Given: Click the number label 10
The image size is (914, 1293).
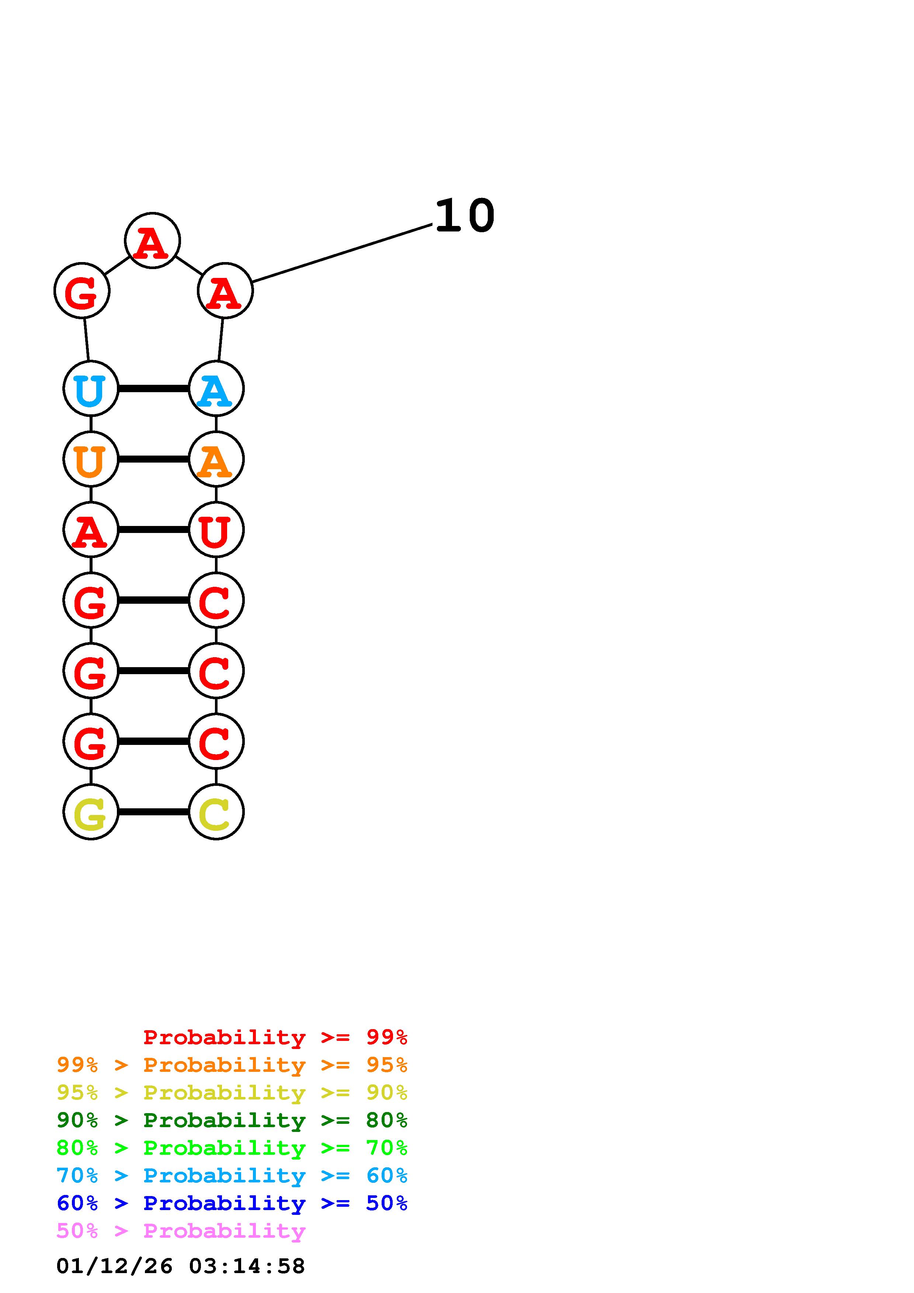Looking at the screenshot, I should pos(464,216).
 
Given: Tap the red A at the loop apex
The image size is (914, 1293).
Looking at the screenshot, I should pos(152,241).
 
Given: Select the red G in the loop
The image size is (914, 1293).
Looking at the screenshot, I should pos(81,291).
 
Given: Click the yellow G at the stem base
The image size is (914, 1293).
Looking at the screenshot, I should pos(91,812).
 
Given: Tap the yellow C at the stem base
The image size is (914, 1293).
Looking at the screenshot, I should pos(216,812).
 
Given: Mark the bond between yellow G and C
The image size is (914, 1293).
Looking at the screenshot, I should pos(153,812).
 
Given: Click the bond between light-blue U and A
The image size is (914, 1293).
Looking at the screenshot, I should pos(153,388).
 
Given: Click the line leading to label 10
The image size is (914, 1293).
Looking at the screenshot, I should pos(342,253).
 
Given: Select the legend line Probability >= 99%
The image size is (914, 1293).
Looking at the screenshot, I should pos(275,1037).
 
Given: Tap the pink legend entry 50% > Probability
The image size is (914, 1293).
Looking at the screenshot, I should pos(181,1231).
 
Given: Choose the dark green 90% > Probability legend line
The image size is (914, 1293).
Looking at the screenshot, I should pos(232,1120).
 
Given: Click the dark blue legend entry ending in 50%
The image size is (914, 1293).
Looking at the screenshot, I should pos(232,1203).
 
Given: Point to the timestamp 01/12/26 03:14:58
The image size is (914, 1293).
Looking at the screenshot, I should pos(181,1266).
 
